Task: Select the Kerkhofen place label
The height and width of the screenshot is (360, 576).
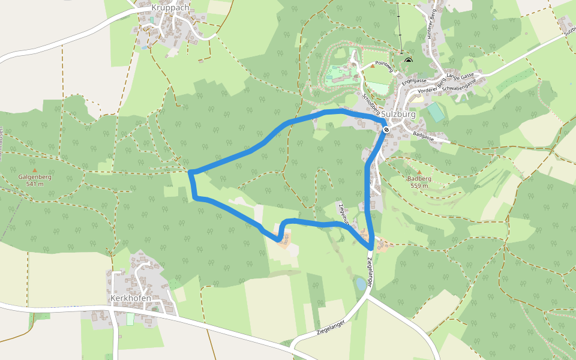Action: click(x=130, y=298)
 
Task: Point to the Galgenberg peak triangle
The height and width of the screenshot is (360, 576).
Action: click(x=34, y=170)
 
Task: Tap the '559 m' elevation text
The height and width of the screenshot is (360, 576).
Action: click(x=419, y=185)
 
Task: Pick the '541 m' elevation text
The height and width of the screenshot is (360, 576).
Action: click(x=35, y=184)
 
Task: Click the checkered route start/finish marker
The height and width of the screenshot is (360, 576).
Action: click(x=387, y=128)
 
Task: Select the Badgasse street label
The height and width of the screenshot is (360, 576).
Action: click(x=423, y=137)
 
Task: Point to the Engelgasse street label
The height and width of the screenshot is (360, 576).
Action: click(x=414, y=80)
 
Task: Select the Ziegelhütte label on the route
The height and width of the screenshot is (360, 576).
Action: click(x=344, y=214)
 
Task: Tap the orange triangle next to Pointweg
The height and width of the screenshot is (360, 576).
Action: click(x=371, y=66)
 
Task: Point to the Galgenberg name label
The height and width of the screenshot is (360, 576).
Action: click(x=35, y=177)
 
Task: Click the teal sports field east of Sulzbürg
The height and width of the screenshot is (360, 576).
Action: click(x=436, y=112)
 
